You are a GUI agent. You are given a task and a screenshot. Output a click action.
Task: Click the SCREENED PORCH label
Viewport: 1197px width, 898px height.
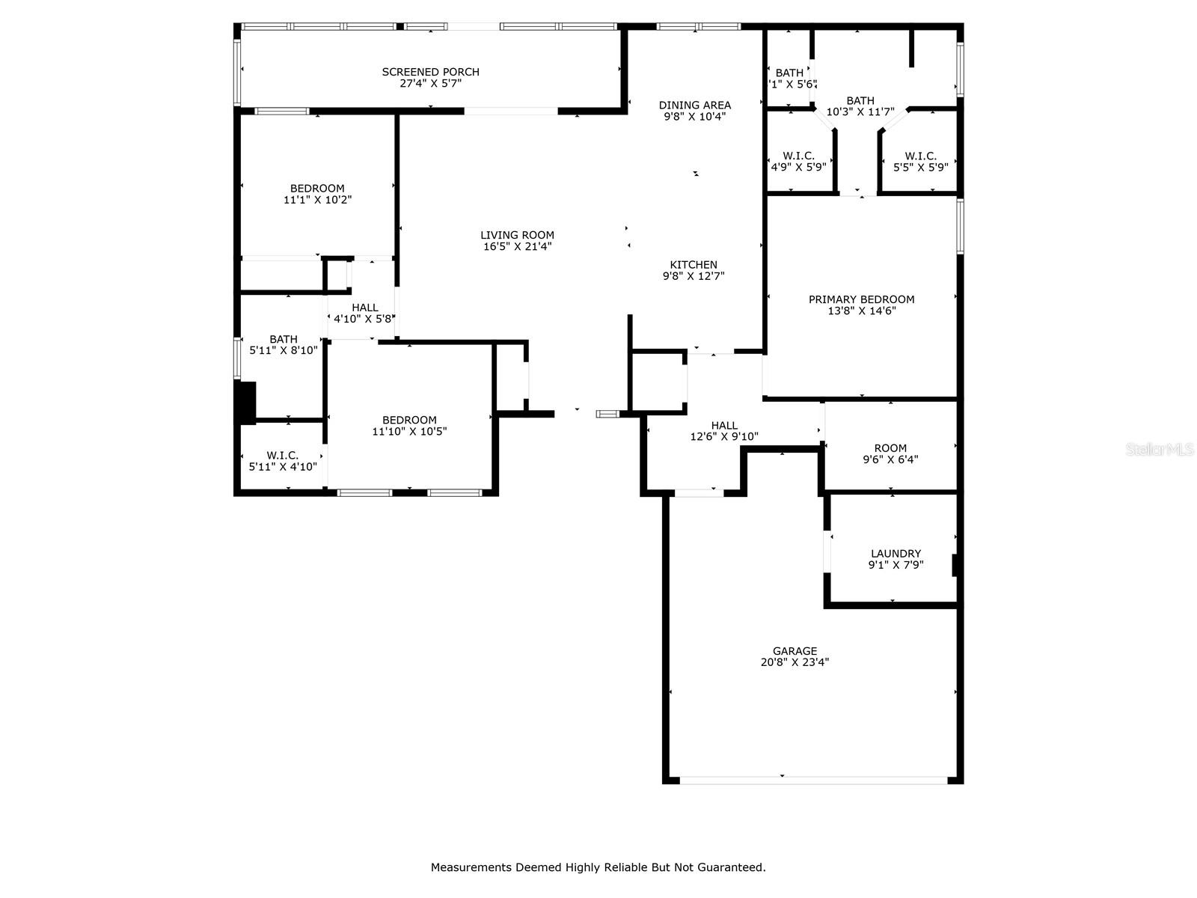430,72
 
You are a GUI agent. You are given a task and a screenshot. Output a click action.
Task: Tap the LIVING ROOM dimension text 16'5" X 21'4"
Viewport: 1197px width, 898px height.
517,246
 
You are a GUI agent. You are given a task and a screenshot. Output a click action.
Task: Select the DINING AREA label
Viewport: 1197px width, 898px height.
694,106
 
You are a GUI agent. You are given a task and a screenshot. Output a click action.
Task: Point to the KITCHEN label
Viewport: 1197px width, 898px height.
693,265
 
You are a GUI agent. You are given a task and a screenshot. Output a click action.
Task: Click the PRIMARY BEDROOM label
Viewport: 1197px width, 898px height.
861,299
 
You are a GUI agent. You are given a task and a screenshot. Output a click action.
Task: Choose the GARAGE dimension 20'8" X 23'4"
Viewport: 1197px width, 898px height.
795,662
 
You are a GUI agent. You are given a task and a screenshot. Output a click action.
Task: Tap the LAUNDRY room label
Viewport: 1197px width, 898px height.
896,554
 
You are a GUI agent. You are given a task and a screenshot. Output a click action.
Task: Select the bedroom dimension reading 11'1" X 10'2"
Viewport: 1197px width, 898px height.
317,200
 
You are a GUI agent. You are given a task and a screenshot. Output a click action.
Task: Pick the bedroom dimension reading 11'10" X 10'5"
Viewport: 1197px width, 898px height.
409,432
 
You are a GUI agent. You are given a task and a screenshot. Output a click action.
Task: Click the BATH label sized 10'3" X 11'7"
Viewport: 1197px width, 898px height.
860,101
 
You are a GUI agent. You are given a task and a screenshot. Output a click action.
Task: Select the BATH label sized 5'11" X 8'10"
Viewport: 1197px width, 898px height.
284,339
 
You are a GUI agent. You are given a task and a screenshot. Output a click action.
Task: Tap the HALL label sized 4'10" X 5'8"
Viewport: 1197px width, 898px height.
365,308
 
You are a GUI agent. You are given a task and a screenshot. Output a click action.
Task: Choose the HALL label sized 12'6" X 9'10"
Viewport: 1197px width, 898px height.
724,425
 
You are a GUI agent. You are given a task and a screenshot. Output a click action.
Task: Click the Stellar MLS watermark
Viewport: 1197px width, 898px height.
1159,449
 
